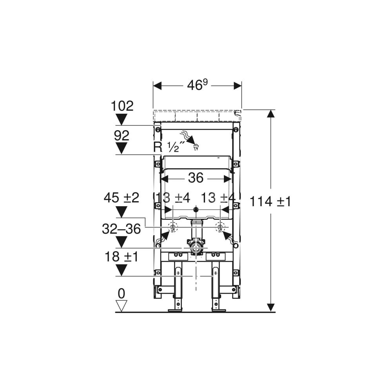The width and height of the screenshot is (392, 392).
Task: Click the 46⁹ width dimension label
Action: point(198,85)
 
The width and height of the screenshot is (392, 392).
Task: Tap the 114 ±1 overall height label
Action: point(270,201)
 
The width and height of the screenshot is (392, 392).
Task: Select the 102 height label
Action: point(122,106)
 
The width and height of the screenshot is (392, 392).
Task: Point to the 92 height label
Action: point(122,136)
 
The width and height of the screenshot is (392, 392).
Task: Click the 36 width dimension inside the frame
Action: point(196,178)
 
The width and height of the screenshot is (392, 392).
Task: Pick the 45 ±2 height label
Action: point(122,198)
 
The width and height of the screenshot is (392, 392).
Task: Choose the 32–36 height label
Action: point(122,229)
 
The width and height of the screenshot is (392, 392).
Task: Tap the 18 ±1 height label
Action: point(122,257)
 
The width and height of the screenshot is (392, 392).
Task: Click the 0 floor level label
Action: point(121,294)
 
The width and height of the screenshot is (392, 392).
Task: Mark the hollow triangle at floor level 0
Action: point(122,305)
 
